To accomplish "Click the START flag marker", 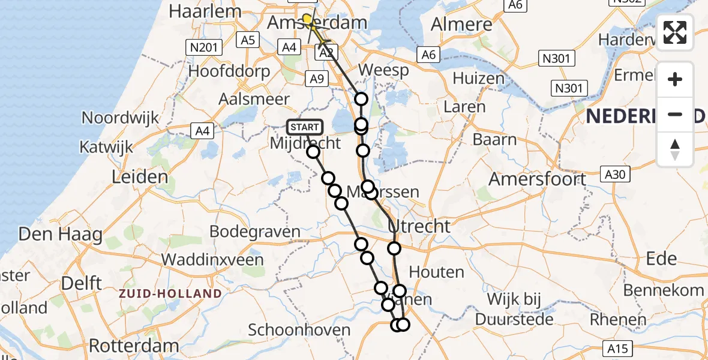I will (305, 127).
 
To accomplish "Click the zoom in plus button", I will (675, 79).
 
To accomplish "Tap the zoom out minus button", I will (675, 114).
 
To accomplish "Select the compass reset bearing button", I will (675, 149).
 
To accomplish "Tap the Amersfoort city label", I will (537, 179).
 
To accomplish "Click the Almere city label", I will (462, 25).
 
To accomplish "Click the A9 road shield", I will (317, 78).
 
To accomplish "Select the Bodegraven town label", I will (255, 232).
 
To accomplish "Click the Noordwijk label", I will (120, 118).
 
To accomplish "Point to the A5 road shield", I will (247, 40).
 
